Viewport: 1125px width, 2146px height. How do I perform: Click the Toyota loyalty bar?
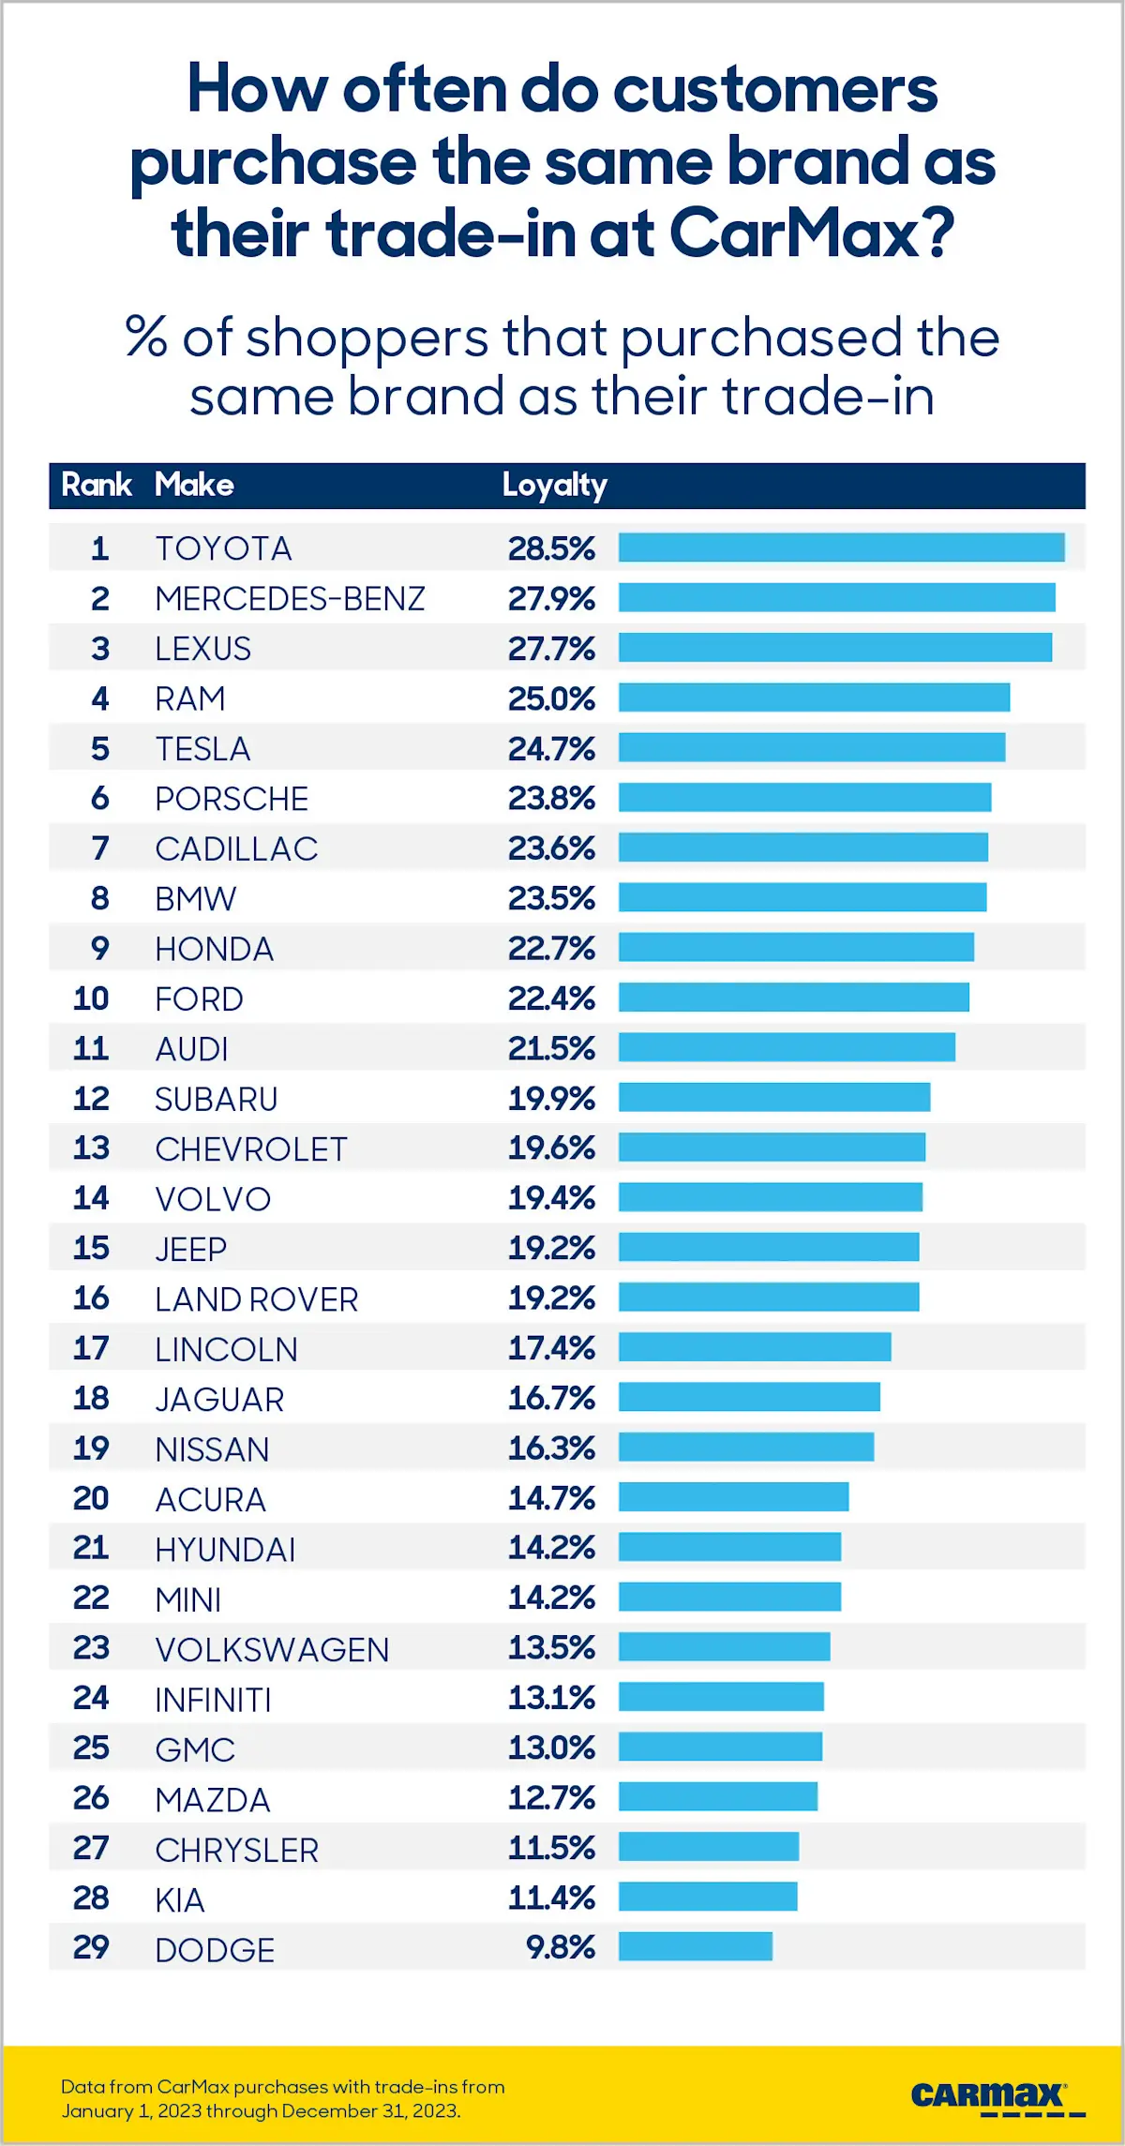tap(841, 548)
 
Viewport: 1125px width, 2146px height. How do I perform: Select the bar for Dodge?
tap(695, 1947)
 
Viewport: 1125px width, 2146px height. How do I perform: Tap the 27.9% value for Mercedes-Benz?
tap(551, 598)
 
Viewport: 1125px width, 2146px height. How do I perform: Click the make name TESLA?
tap(202, 749)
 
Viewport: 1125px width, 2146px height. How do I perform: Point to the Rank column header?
tap(96, 485)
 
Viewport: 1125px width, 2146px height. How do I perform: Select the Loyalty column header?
tap(554, 486)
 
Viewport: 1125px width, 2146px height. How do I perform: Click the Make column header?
tap(194, 485)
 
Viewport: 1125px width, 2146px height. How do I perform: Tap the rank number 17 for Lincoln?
tap(91, 1348)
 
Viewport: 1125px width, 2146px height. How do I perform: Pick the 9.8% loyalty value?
tap(560, 1947)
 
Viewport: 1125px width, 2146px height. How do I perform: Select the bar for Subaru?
tap(773, 1097)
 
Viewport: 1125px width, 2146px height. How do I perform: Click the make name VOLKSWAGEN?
tap(272, 1649)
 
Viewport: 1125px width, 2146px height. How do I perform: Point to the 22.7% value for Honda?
tap(551, 948)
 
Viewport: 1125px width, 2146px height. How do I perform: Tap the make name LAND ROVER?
tap(256, 1299)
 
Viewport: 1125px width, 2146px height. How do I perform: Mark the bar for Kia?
tap(707, 1897)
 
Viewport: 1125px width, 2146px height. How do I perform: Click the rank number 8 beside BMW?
tap(99, 898)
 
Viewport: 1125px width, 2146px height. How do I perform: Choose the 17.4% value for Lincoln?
tap(551, 1348)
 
